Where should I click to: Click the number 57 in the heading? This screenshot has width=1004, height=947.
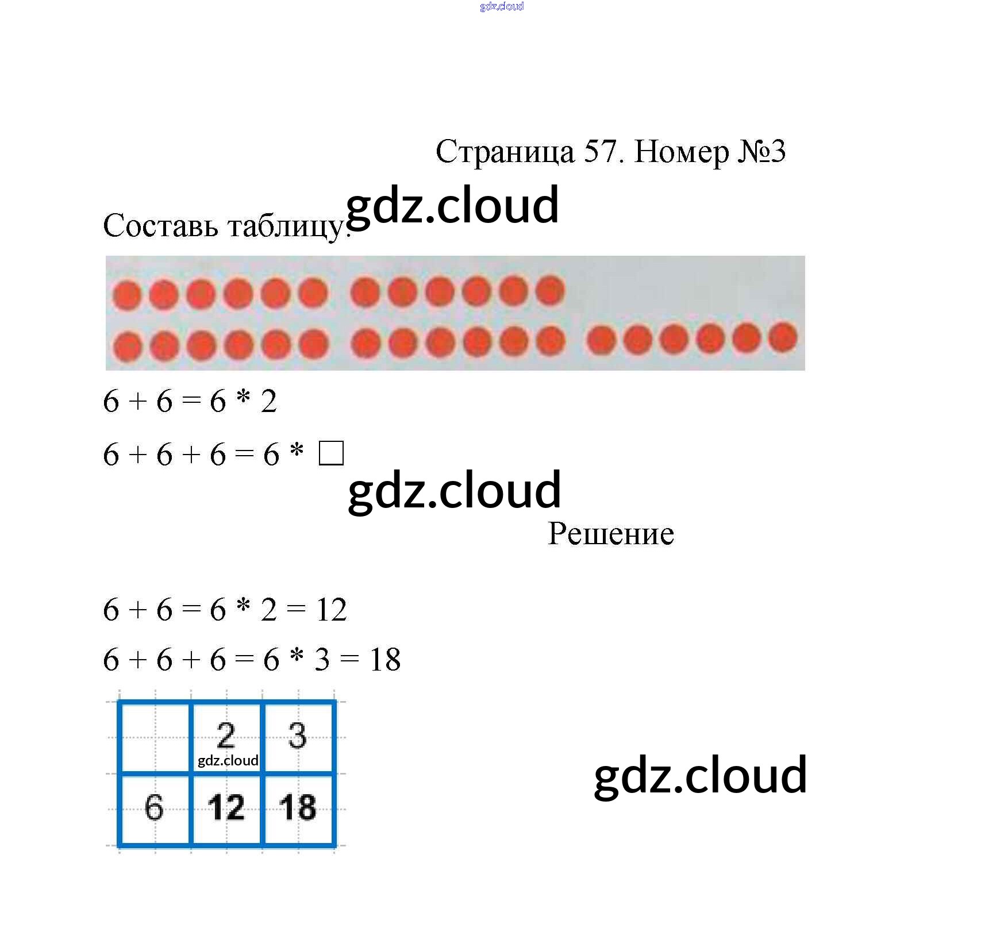point(601,152)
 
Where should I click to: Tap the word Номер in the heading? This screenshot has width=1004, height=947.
point(681,152)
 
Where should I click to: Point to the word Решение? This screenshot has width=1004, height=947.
point(610,533)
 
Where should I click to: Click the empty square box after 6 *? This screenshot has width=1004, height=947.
point(331,453)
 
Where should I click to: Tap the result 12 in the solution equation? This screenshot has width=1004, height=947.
point(331,610)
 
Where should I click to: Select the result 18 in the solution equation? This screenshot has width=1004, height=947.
point(384,660)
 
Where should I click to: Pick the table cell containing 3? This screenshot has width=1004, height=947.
point(298,737)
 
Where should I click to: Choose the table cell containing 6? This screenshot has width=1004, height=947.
point(154,809)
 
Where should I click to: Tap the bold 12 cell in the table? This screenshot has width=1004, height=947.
point(226,809)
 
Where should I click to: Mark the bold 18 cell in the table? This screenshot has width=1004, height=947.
point(298,809)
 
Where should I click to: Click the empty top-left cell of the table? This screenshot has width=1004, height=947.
point(154,737)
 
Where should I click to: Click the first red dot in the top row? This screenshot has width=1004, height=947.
point(126,295)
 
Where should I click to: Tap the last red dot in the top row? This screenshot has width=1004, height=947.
point(550,291)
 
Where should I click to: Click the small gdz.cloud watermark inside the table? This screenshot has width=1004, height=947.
point(228,761)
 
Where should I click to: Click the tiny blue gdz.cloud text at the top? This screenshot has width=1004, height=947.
point(502,6)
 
